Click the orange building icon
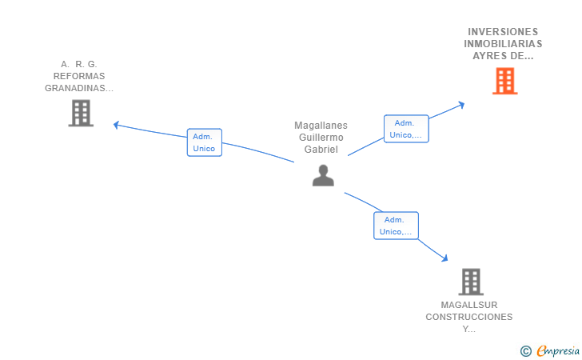504,81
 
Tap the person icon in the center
323,175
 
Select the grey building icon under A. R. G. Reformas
81,114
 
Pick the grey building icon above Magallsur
471,282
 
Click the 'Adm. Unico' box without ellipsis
205,142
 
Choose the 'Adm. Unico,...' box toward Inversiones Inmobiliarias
406,129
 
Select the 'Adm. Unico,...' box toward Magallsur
396,226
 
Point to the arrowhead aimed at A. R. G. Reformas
116,126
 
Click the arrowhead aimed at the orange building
461,105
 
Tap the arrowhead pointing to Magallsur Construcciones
444,258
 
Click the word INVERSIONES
503,31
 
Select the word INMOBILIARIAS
503,44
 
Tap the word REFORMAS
79,76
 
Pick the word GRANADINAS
75,88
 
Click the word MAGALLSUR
469,305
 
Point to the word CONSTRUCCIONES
469,317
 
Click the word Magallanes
321,126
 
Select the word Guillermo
321,138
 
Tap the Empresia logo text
558,350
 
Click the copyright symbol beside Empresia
526,351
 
